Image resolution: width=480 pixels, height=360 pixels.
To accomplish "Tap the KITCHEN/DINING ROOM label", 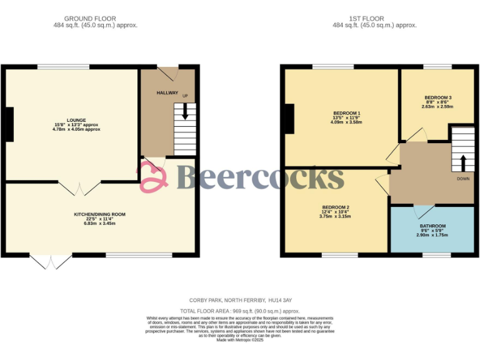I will coord(99,214).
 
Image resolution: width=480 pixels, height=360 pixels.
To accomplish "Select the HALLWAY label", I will coord(167,93).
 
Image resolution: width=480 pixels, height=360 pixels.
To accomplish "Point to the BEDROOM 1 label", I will coord(347,113).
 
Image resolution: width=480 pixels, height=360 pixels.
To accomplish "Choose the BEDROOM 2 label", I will coord(336,207).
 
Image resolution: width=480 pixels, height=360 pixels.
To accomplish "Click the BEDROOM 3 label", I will coord(437,97).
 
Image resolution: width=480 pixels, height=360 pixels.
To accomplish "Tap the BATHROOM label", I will coord(432,226).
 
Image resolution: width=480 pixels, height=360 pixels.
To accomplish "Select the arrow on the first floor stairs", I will coord(463,163).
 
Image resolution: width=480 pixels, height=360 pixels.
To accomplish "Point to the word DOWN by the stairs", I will coord(463,179).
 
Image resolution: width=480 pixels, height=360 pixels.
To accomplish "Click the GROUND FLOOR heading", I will coord(95,19).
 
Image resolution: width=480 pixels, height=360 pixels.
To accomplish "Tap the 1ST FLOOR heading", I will coord(374,19).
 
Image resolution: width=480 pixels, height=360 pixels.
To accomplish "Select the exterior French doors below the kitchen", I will coord(51,261).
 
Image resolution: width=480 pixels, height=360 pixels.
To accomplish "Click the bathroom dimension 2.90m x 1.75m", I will coord(432,236).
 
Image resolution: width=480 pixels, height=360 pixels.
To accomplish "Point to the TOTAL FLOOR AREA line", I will coord(239,311).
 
